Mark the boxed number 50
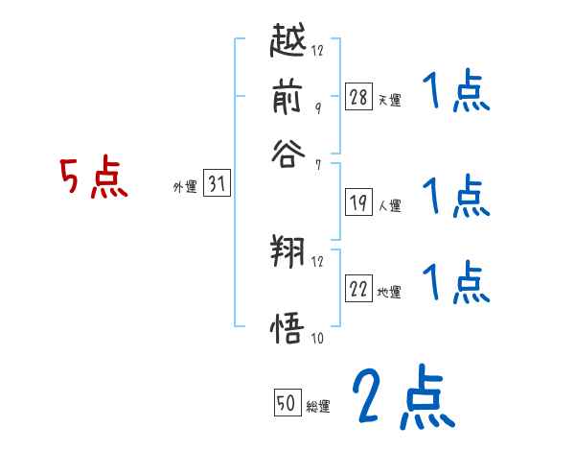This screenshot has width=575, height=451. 287,404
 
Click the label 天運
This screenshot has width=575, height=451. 390,100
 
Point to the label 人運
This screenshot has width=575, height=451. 390,205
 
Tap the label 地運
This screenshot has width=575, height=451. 390,292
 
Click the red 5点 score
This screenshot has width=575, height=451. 94,179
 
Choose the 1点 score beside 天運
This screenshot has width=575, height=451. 455,93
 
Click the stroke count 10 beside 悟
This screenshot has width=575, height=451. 317,338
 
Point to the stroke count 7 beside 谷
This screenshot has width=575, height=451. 317,164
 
